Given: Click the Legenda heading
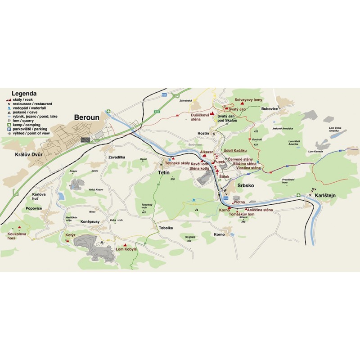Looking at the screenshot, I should [x=24, y=94].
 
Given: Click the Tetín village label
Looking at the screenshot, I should [x=163, y=172].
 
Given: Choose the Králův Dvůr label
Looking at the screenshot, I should [x=22, y=153].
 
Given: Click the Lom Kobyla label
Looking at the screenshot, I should [x=126, y=249].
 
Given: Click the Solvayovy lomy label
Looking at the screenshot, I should [x=248, y=99].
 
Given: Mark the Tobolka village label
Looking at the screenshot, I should [x=166, y=228].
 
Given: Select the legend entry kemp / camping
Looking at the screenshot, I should [x=26, y=124].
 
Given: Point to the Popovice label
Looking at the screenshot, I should [x=34, y=208].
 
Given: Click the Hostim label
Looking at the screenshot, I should [x=203, y=134].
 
